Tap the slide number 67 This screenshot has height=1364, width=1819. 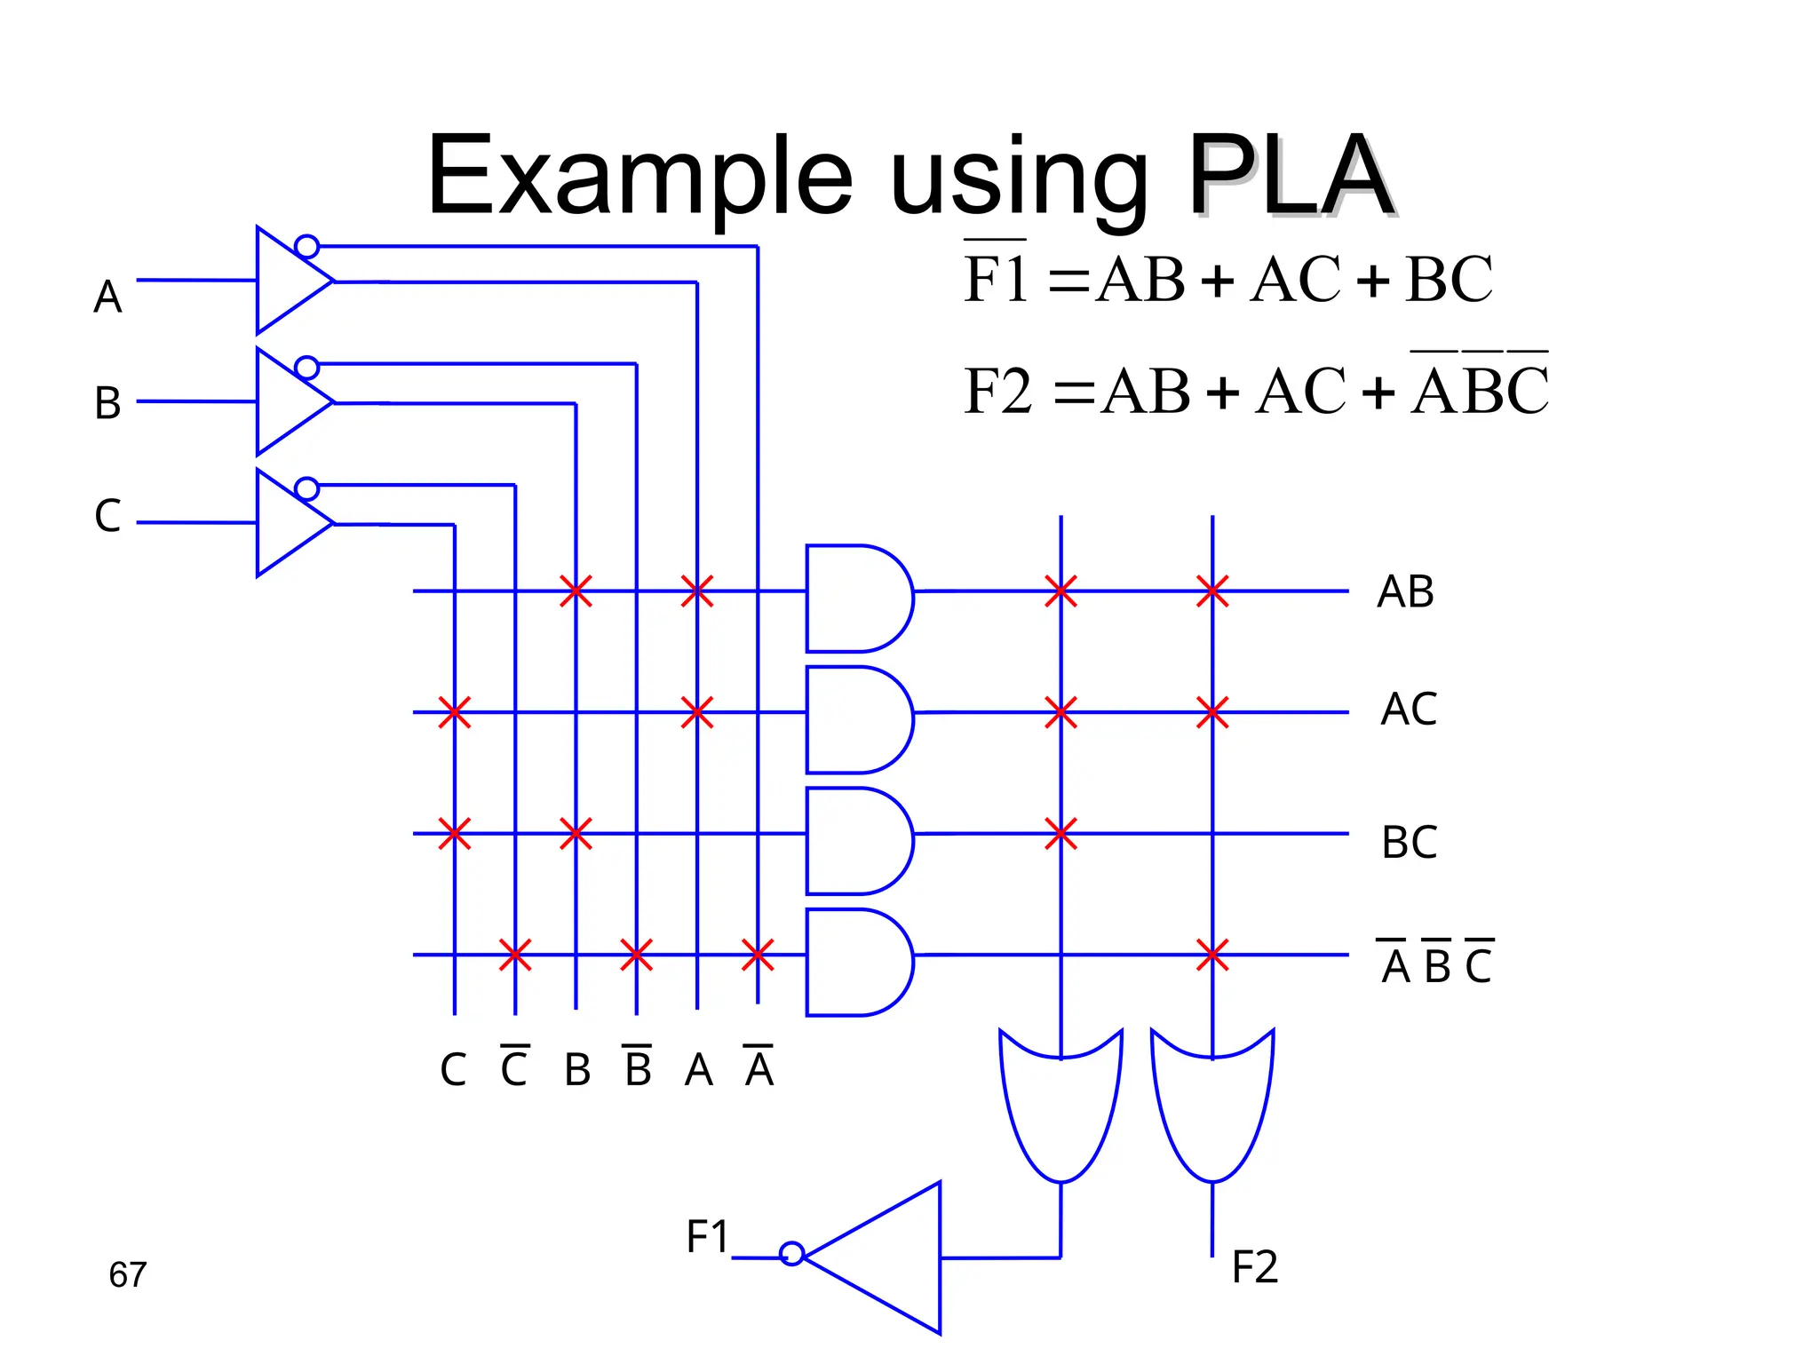pos(127,1274)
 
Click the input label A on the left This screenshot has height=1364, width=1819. pos(107,297)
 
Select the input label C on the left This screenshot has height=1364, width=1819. pos(107,515)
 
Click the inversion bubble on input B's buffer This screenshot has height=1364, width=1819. pos(306,368)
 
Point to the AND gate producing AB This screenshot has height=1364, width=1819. pos(856,598)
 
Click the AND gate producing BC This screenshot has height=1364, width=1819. pos(856,840)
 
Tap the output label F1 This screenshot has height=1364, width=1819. pos(707,1236)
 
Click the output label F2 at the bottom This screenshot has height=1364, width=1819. pos(1254,1266)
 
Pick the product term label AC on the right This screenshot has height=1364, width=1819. pos(1409,709)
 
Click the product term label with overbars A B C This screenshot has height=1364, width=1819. pos(1436,964)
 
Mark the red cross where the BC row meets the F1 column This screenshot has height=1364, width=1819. pos(1060,834)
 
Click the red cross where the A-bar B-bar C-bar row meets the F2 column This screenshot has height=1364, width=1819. pos(1212,956)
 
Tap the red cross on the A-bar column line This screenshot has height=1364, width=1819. pos(758,956)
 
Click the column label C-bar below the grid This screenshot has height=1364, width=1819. pos(514,1067)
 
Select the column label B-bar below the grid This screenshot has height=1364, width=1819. pos(637,1067)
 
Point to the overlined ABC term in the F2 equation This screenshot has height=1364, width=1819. pos(1480,388)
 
